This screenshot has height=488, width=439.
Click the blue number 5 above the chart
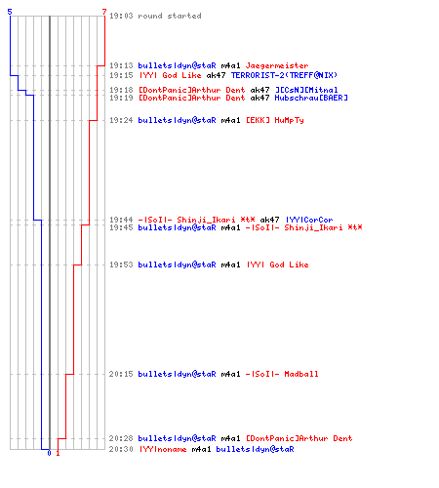point(10,12)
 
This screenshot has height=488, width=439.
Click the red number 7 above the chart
point(104,12)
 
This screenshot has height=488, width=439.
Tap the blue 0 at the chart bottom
point(49,453)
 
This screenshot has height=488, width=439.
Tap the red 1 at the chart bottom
point(58,453)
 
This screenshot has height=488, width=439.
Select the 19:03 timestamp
point(121,16)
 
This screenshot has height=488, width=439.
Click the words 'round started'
point(170,16)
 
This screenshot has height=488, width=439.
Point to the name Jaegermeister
point(277,65)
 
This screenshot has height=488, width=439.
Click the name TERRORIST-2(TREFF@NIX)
point(284,75)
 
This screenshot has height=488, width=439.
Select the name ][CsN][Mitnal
point(306,90)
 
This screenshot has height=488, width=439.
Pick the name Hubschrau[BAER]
point(311,98)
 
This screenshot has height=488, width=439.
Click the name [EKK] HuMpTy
point(275,120)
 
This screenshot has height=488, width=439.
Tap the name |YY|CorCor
point(309,220)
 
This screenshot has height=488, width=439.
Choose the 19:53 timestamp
point(121,264)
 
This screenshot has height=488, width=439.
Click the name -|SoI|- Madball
point(282,374)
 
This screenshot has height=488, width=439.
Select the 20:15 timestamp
point(121,374)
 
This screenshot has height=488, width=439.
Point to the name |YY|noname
point(163,449)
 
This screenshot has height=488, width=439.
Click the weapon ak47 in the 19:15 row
point(216,75)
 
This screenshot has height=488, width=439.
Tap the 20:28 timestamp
point(121,438)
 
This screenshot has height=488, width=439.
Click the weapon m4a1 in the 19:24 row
point(230,120)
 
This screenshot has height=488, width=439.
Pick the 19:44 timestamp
point(121,220)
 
